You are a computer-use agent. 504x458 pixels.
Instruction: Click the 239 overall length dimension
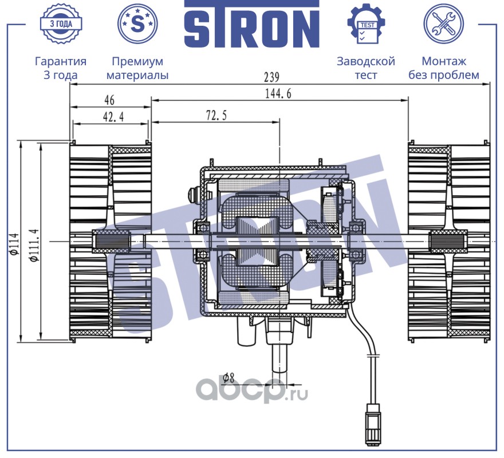point(271,77)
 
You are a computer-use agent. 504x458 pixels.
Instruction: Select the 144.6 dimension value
point(278,93)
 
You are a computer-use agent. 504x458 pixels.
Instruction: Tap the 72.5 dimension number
point(216,116)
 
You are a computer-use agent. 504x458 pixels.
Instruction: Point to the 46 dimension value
point(109,100)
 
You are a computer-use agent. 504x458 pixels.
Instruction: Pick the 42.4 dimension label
point(113,117)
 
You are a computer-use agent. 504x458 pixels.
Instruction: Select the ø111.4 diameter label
point(35,245)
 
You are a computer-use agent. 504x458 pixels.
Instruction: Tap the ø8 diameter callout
point(228,377)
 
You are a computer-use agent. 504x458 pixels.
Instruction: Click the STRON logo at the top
point(251,25)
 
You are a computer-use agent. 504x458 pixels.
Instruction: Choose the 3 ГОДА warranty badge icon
point(61,24)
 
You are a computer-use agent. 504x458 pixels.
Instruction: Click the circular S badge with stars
point(137,23)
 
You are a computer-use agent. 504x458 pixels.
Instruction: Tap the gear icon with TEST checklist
point(366,24)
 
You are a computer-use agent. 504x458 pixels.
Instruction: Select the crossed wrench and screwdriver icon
point(443,24)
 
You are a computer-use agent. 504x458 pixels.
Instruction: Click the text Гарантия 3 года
point(61,68)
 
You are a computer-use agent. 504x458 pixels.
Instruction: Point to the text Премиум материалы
point(137,68)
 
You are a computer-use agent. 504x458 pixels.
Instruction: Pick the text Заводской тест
point(366,68)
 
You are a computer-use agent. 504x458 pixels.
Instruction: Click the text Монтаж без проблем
point(443,68)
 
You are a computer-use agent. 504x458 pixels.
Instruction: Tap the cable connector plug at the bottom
point(372,424)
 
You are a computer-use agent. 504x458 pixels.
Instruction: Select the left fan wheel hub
point(111,242)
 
